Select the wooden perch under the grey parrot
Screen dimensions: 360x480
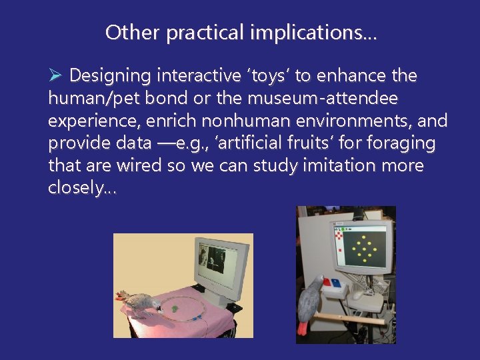(353, 318)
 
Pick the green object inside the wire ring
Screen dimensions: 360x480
(173, 308)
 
